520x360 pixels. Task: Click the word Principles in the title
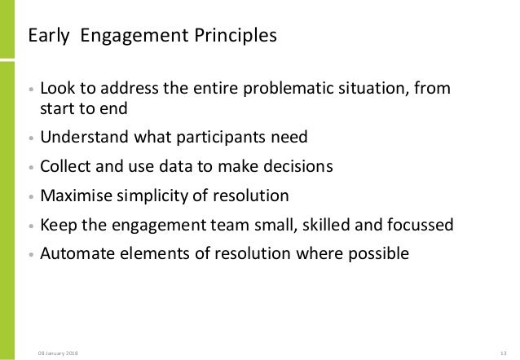coord(238,37)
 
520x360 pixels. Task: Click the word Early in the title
coord(46,37)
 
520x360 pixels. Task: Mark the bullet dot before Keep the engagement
coord(31,227)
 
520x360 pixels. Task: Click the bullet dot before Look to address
coord(31,90)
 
